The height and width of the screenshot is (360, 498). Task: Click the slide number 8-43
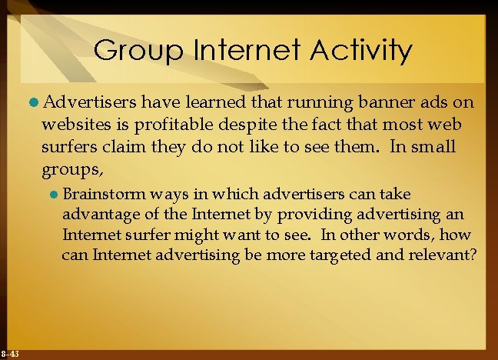(x=11, y=354)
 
